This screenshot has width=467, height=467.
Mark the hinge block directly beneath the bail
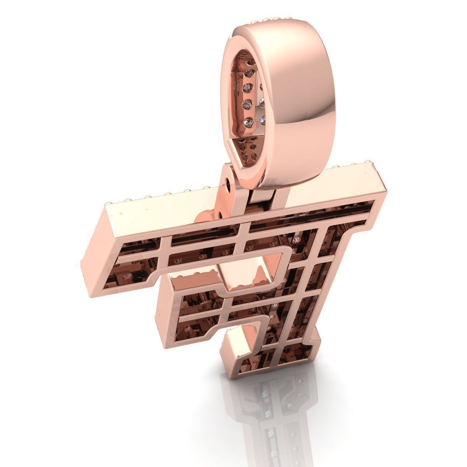point(265,195)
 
